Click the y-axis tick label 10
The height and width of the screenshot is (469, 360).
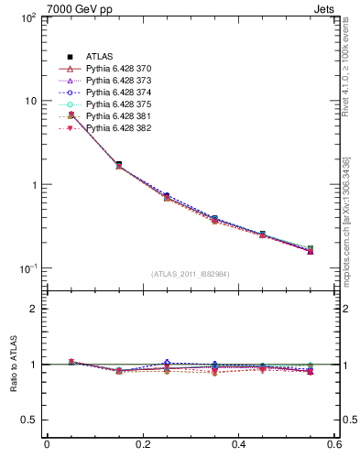coord(28,102)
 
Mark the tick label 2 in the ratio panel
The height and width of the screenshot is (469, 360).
coord(33,309)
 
